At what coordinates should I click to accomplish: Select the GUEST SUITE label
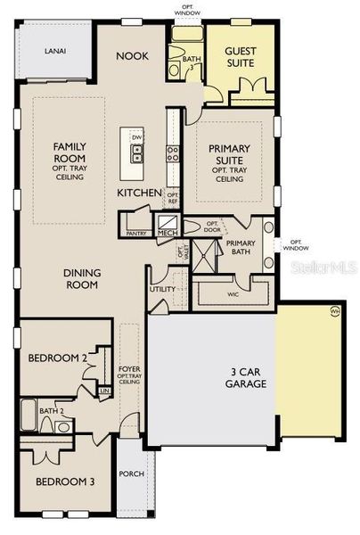pos(241,57)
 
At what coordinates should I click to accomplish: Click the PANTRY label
pos(136,233)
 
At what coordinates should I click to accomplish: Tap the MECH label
pos(168,233)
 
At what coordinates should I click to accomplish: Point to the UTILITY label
pos(162,289)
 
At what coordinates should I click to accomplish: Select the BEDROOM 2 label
pos(57,358)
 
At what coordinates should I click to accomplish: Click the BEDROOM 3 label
pos(65,482)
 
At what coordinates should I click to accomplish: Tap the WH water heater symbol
pos(335,310)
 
